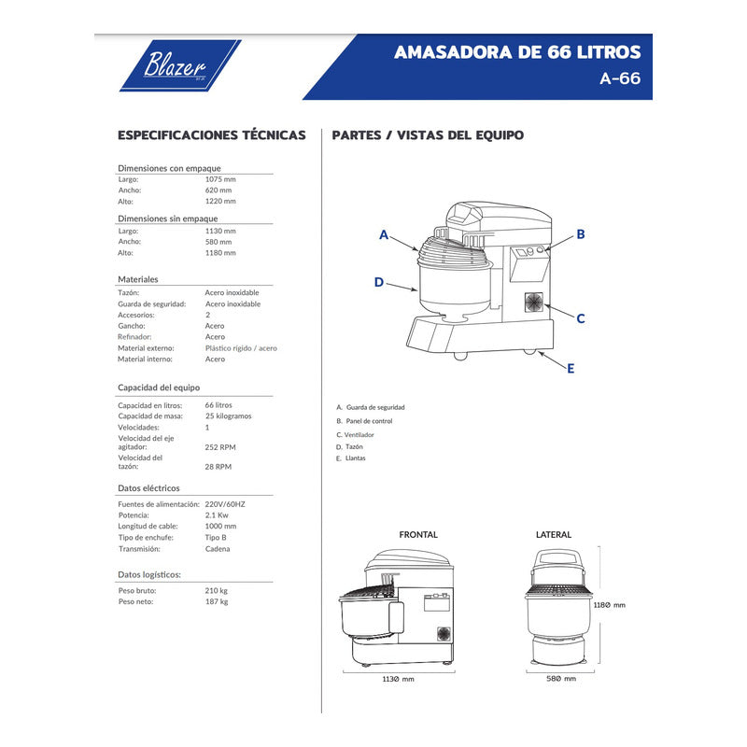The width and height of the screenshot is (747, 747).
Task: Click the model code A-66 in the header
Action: tap(620, 79)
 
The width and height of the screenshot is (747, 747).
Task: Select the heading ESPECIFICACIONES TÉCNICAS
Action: tap(211, 135)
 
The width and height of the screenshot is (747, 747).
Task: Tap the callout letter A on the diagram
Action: tap(383, 235)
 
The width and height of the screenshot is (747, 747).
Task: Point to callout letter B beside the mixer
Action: tap(580, 234)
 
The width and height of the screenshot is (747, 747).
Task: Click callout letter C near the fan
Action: tap(580, 318)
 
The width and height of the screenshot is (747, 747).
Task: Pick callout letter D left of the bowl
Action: tap(378, 282)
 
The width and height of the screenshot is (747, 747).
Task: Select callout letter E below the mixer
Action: tap(571, 368)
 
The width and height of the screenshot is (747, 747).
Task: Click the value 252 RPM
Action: tap(219, 447)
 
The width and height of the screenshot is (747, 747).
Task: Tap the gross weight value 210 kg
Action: tap(216, 591)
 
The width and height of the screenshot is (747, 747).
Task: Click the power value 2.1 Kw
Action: tap(217, 515)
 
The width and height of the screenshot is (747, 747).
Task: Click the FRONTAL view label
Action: tap(417, 535)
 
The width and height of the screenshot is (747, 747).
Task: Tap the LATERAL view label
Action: tap(553, 535)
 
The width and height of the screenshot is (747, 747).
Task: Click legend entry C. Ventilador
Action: tap(356, 435)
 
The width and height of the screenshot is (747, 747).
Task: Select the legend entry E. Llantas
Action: tap(351, 458)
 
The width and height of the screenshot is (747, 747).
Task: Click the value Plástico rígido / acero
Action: tap(241, 348)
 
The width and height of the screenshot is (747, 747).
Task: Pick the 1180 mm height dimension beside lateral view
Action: tap(610, 605)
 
